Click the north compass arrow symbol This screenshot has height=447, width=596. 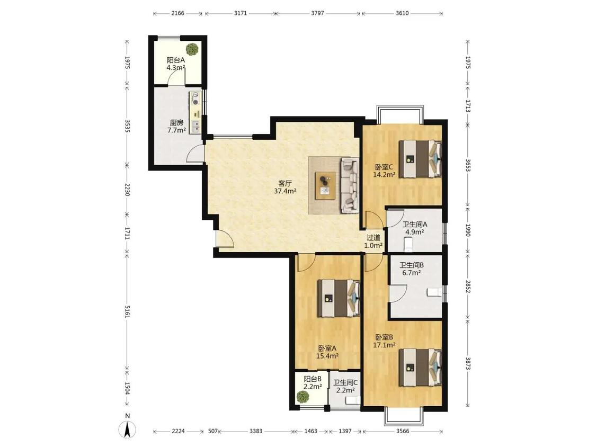pos(128,430)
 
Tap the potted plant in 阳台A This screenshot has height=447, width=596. pos(192,49)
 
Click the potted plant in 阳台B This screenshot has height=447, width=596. pos(303,397)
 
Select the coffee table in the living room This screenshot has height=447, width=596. pos(325,185)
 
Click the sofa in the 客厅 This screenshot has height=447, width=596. pos(350,185)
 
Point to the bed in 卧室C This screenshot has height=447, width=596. pos(420,159)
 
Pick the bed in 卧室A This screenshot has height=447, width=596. pos(339,298)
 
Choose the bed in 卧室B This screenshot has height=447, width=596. pos(420,368)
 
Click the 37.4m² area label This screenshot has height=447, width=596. pos(285,191)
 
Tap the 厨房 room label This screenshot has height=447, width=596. pos(176,122)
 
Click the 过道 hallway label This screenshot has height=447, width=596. pos(373,238)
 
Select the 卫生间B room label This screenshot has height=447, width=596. pos(411,265)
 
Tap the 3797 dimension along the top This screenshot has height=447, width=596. pos(317,13)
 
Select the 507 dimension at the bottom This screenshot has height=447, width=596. pos(214,431)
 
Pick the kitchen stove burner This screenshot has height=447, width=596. pos(195,102)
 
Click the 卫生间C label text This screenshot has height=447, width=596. pos(345,382)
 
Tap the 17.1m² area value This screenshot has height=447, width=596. pos(384,345)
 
